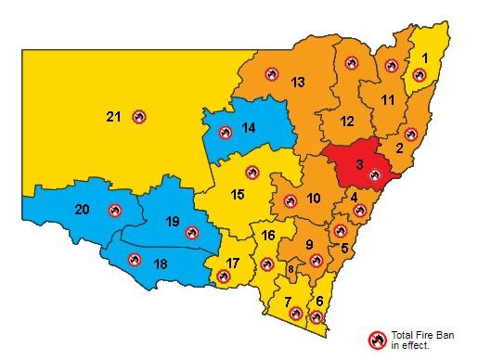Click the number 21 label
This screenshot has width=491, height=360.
coord(113,117)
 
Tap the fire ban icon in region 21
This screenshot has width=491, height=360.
coord(139,117)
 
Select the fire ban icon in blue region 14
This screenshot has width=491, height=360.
coord(226,133)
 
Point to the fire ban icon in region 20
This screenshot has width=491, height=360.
coord(114,211)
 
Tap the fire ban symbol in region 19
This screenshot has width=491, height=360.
coord(192,233)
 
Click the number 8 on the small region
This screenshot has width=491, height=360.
coord(291,269)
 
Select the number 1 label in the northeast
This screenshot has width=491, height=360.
coord(425,58)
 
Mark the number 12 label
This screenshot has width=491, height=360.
coord(346,122)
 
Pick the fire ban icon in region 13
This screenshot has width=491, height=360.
coord(272,73)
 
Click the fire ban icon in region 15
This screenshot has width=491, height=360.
coord(252,172)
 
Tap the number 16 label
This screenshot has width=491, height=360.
coord(267,235)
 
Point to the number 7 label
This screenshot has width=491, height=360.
coord(288,302)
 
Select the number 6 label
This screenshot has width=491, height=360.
coord(320,302)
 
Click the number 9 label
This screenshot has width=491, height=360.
coord(309,244)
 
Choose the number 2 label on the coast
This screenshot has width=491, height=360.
coord(399,148)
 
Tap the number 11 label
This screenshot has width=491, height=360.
coord(387,99)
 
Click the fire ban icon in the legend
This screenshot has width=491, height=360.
coord(377,340)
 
